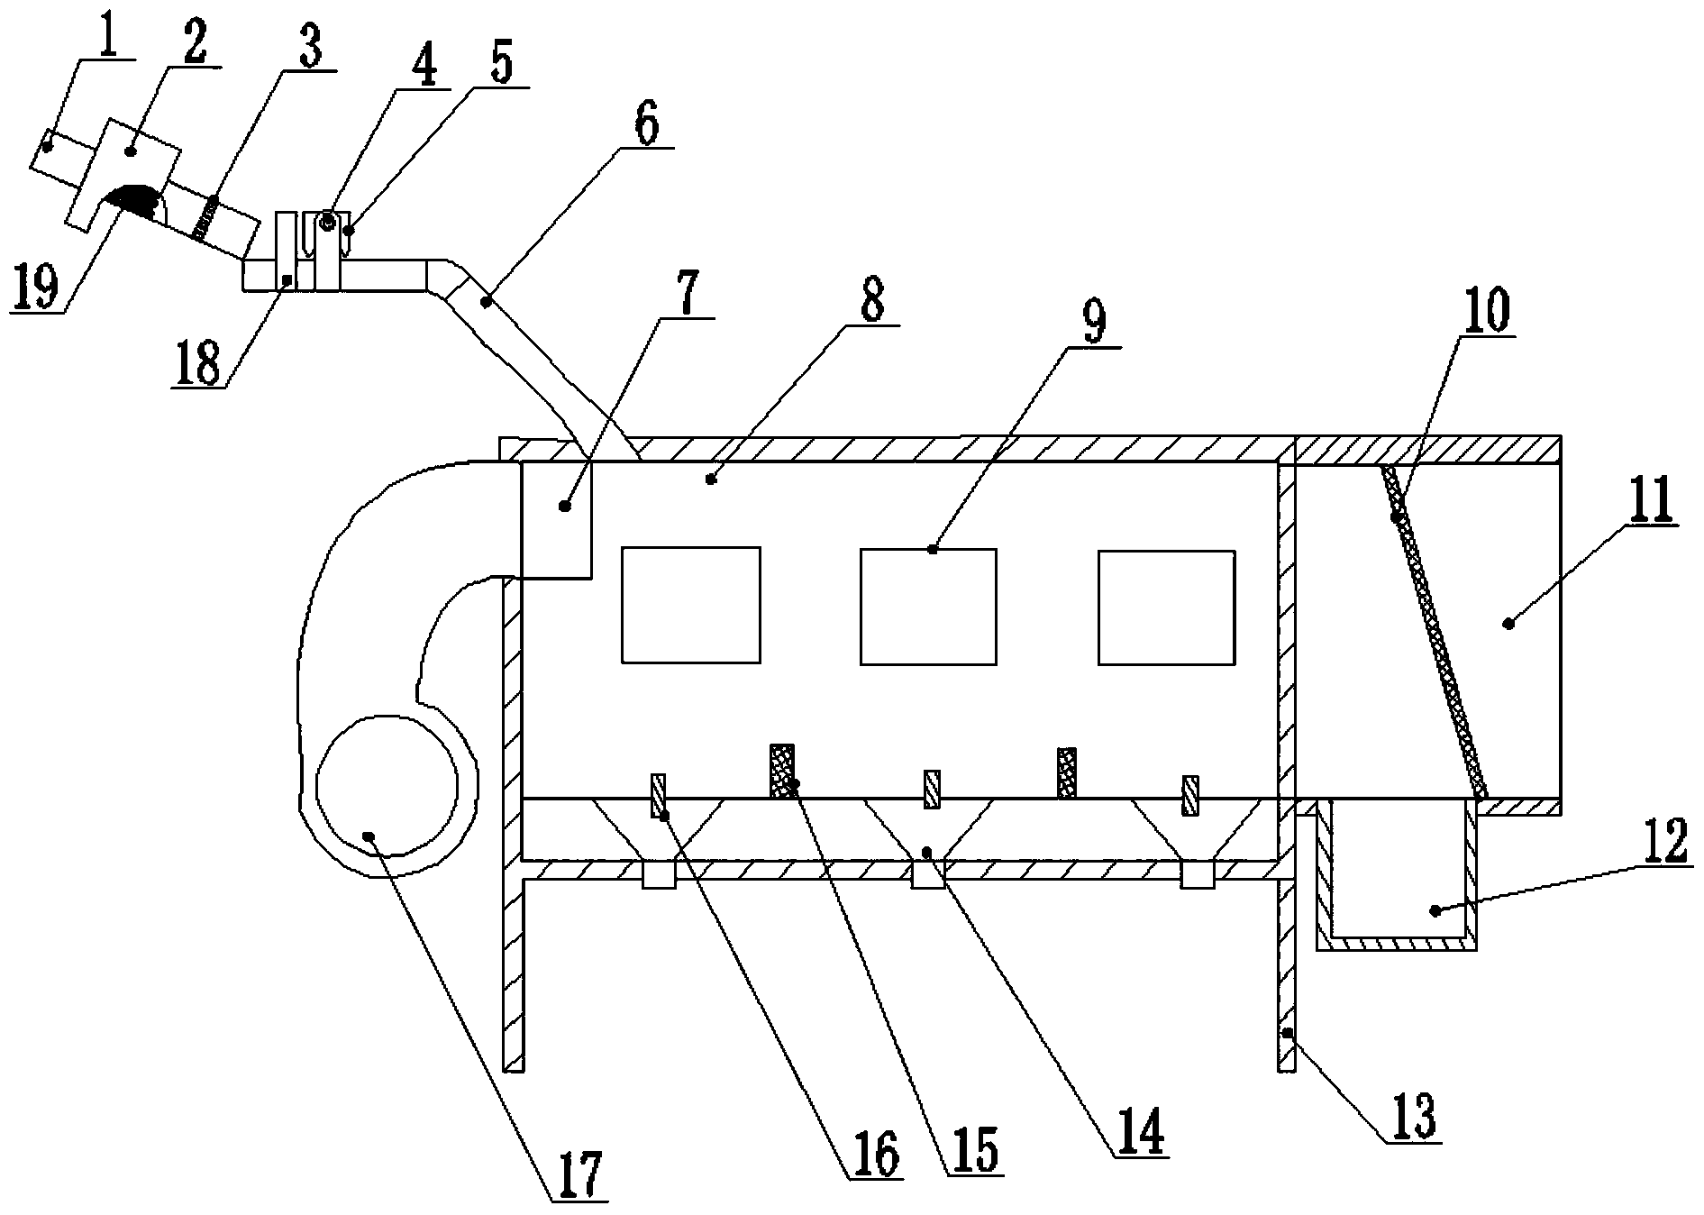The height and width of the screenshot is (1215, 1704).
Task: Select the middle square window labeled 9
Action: point(928,607)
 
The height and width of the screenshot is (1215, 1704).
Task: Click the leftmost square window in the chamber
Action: point(690,605)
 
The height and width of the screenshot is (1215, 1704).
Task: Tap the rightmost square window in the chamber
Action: point(1166,607)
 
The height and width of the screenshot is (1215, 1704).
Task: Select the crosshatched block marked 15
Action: point(782,770)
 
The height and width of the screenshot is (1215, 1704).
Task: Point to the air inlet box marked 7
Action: point(557,519)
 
